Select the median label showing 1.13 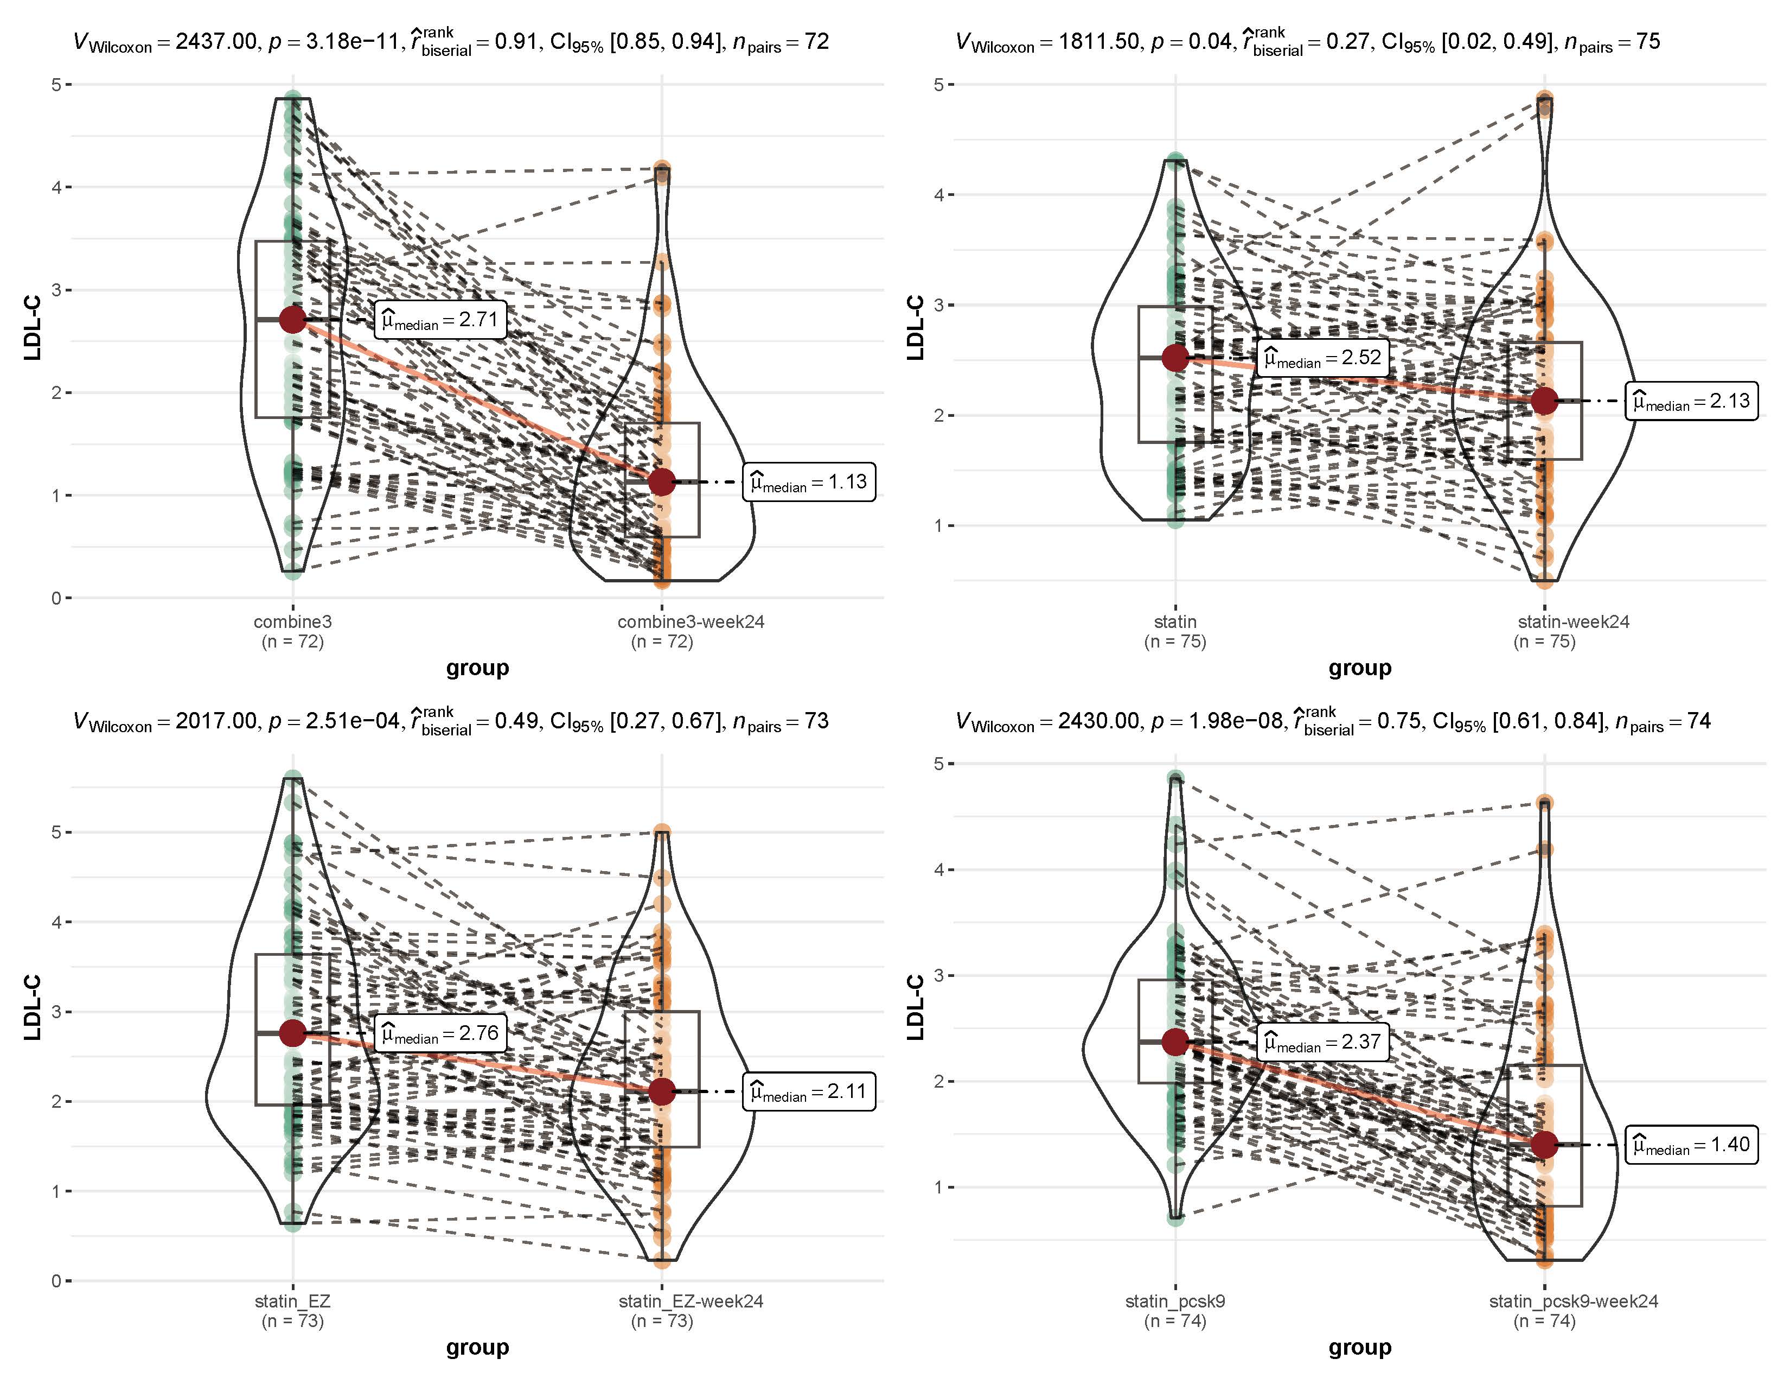[809, 482]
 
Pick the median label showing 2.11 [809, 1092]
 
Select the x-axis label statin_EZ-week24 [691, 1301]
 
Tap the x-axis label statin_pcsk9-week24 [1574, 1301]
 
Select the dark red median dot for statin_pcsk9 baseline [1175, 1042]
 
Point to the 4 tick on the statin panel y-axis [938, 195]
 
